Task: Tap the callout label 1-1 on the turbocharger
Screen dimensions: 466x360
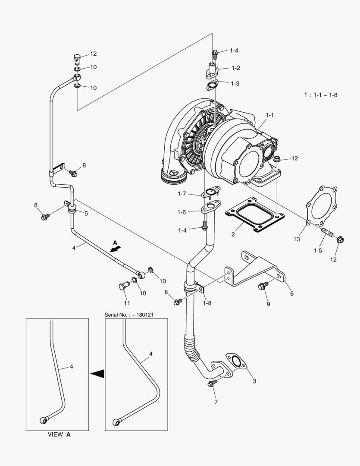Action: click(x=270, y=115)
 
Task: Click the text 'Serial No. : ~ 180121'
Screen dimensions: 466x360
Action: click(x=129, y=315)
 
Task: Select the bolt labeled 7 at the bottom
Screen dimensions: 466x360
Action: click(x=211, y=384)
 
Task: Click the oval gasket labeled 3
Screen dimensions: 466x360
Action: click(x=235, y=361)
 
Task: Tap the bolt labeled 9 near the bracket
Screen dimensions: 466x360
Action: click(x=263, y=285)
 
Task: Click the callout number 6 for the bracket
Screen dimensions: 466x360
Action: click(x=292, y=293)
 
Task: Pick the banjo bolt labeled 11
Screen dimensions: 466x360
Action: click(x=123, y=286)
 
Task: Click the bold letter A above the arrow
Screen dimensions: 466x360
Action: click(x=115, y=243)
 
